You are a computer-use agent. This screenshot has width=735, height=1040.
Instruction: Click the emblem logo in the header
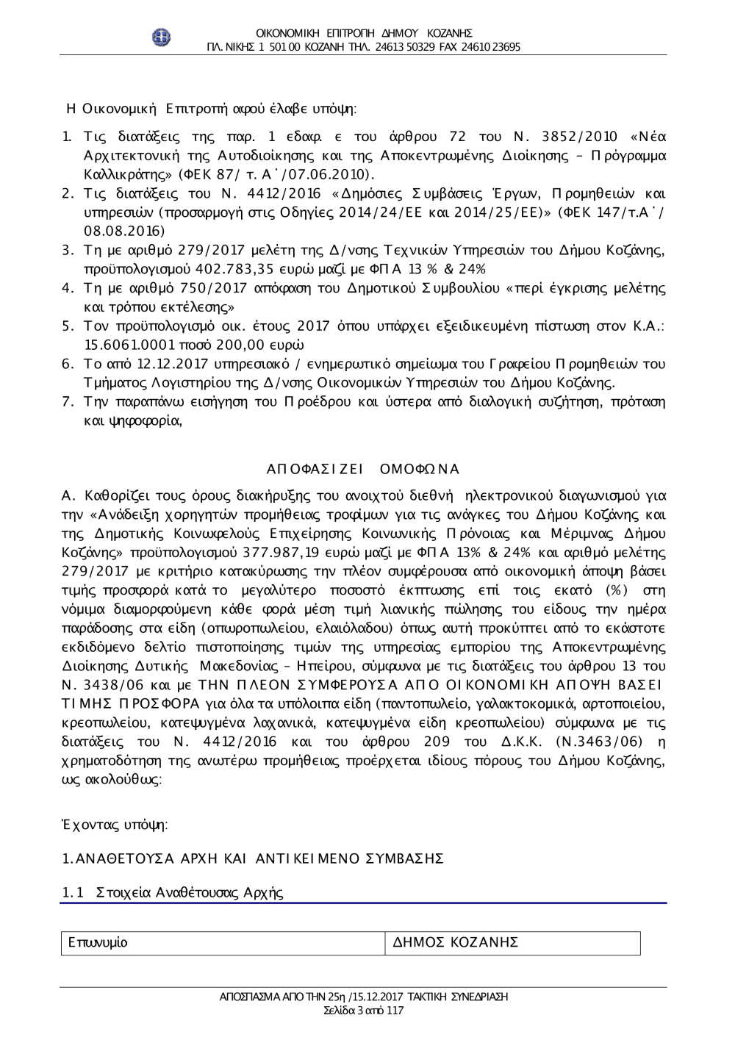pyautogui.click(x=161, y=37)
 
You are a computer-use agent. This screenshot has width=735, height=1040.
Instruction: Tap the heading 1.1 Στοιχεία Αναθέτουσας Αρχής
pyautogui.click(x=173, y=892)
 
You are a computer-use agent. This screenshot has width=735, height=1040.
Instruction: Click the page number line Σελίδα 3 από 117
pyautogui.click(x=364, y=1010)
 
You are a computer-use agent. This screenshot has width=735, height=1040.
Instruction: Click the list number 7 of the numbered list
pyautogui.click(x=67, y=402)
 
